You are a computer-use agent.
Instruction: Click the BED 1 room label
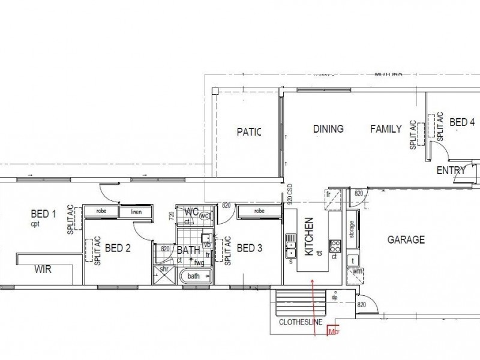pos(43,214)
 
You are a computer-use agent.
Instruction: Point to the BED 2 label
pos(118,248)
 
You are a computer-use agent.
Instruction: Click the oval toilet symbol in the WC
pos(204,215)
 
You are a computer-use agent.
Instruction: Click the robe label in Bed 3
pos(259,211)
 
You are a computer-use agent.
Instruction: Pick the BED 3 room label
pos(250,248)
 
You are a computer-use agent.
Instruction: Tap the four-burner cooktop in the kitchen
pos(335,245)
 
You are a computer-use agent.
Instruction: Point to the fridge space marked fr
pos(329,195)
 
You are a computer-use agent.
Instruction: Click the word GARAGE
pos(406,240)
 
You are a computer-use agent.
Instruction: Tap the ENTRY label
pos(451,170)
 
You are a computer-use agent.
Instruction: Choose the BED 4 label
pos(462,123)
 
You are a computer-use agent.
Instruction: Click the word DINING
pos(328,129)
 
